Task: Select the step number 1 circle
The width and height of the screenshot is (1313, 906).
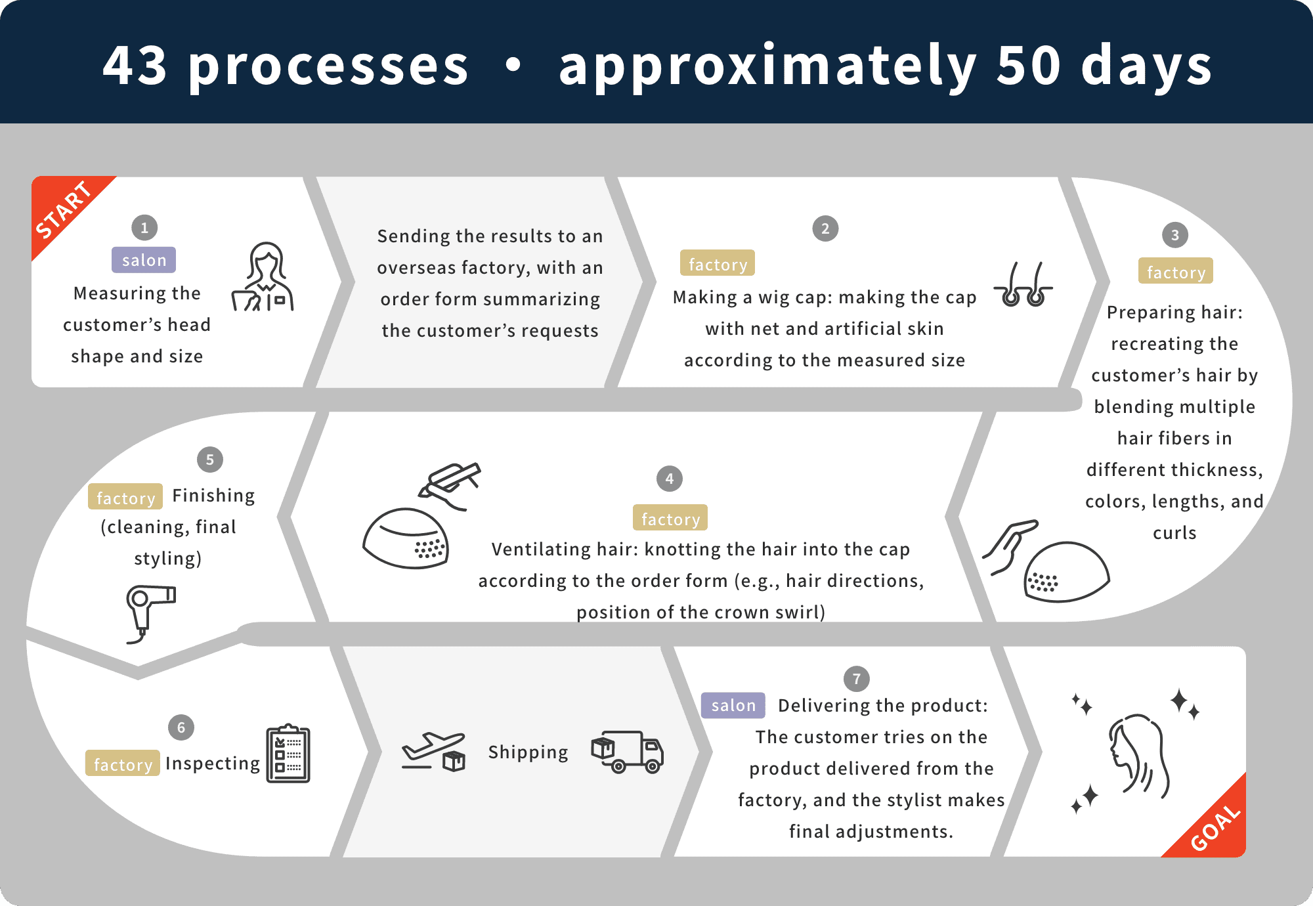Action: click(x=144, y=228)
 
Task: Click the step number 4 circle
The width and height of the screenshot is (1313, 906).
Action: click(x=670, y=479)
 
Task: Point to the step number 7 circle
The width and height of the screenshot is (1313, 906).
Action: click(x=857, y=679)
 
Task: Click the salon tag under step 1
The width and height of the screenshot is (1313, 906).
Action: click(x=144, y=260)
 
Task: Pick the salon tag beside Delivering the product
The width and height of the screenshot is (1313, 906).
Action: click(x=733, y=705)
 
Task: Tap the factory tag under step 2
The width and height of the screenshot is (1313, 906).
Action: click(x=718, y=263)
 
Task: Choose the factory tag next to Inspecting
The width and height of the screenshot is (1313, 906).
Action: click(x=123, y=763)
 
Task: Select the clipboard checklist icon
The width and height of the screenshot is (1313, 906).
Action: click(x=288, y=754)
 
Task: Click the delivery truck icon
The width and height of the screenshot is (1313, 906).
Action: click(x=628, y=752)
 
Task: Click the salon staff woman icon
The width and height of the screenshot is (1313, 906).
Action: click(x=263, y=276)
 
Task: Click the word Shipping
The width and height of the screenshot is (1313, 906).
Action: click(x=528, y=752)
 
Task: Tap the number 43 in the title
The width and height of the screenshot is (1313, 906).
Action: click(x=135, y=65)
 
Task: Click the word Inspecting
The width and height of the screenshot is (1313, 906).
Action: click(x=213, y=764)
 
